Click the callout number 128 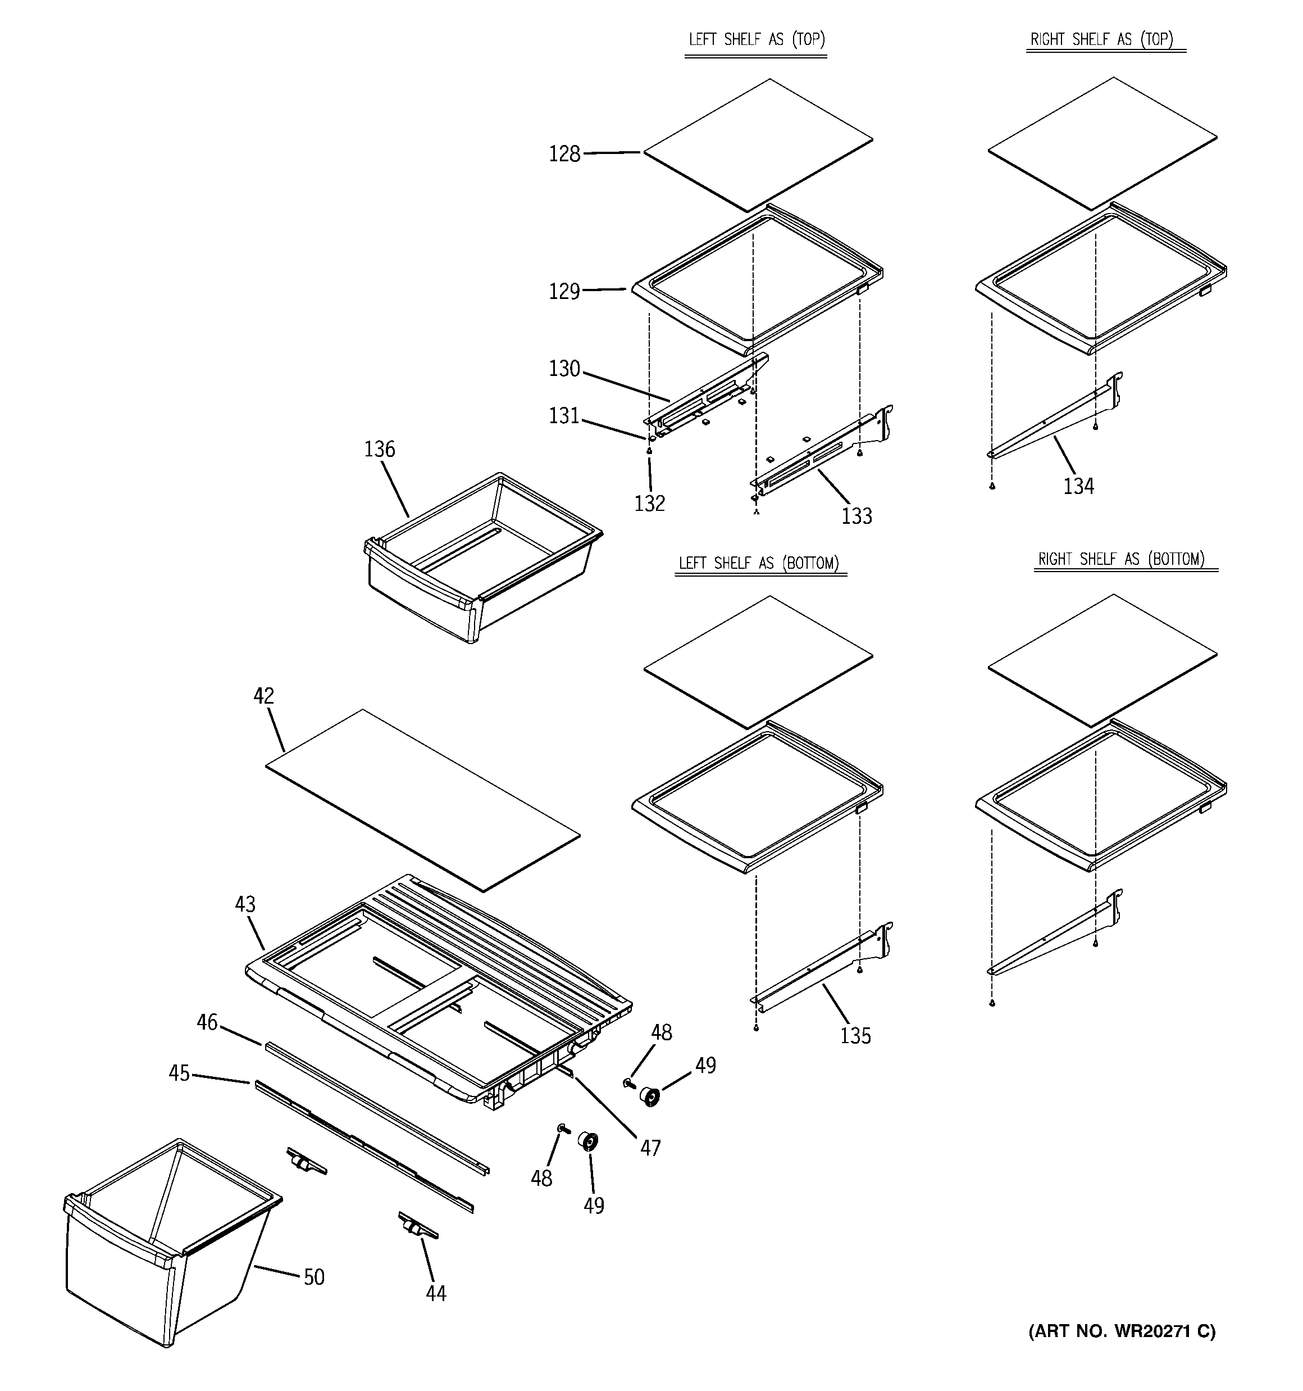[x=564, y=154]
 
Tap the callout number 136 [x=379, y=449]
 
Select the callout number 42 [x=263, y=696]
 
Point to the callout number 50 [x=314, y=1277]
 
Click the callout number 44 [x=436, y=1294]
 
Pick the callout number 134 [x=1078, y=486]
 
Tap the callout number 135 [x=855, y=1036]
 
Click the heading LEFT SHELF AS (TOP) [x=757, y=40]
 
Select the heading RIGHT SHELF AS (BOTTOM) [x=1121, y=559]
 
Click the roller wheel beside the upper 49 [x=651, y=1097]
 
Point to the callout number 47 [x=650, y=1148]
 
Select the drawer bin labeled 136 [x=482, y=560]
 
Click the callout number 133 [x=856, y=516]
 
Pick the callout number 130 [x=564, y=369]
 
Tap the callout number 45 [x=179, y=1073]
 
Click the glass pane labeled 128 [x=758, y=145]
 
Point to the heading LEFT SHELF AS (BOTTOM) [x=759, y=563]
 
